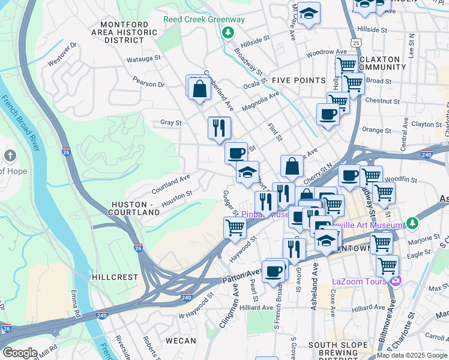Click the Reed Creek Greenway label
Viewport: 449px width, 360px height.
pyautogui.click(x=204, y=19)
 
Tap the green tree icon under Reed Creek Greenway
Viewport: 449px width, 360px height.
pyautogui.click(x=228, y=32)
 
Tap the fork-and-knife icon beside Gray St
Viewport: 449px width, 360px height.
pyautogui.click(x=219, y=127)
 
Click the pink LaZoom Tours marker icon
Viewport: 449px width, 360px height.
pyautogui.click(x=395, y=281)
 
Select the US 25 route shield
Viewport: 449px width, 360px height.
pyautogui.click(x=357, y=43)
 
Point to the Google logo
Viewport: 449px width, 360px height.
pyautogui.click(x=19, y=353)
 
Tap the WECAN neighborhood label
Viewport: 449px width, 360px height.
pyautogui.click(x=181, y=341)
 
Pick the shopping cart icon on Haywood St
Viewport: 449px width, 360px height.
pyautogui.click(x=234, y=227)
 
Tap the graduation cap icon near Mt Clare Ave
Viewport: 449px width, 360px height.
pyautogui.click(x=309, y=13)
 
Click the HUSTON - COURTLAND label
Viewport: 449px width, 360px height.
pyautogui.click(x=133, y=209)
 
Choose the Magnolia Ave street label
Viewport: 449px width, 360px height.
pyautogui.click(x=261, y=101)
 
